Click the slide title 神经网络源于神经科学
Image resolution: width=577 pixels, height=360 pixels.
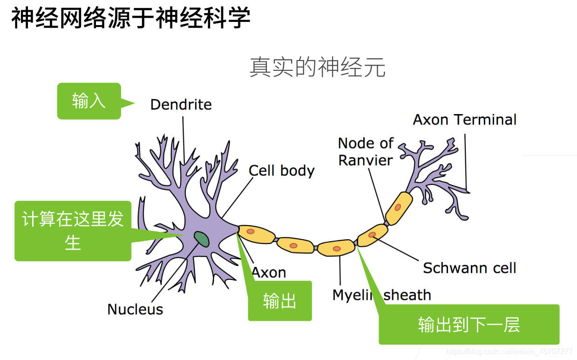131,19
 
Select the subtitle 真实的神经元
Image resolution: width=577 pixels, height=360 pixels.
318,68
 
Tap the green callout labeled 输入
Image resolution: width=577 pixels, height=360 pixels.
89,101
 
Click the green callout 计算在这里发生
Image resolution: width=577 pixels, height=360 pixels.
73,231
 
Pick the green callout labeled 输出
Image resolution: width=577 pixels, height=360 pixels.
279,301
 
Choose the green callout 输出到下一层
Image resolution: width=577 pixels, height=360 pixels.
468,325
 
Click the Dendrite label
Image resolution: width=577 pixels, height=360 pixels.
181,104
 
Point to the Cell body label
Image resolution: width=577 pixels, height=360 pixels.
281,170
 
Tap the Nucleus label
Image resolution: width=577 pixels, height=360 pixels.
135,309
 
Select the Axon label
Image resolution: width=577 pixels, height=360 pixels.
269,272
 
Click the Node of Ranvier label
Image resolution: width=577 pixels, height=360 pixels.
366,151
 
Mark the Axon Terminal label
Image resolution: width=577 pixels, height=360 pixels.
464,120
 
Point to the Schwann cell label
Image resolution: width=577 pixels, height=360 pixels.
469,268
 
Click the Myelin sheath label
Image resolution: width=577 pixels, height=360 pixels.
381,295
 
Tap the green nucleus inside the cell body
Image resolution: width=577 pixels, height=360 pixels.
202,239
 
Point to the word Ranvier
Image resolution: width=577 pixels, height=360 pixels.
366,160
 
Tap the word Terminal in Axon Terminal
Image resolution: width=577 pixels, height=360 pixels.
486,120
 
